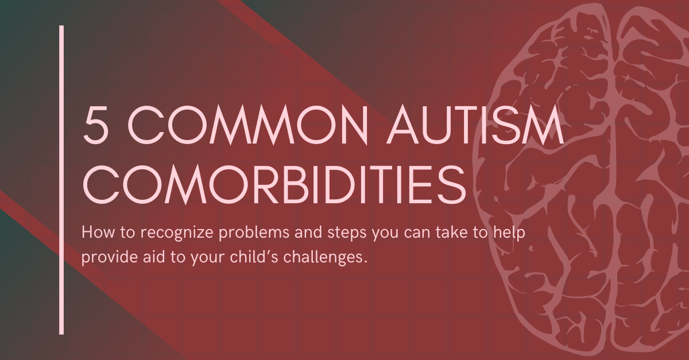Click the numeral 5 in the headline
(x=96, y=126)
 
